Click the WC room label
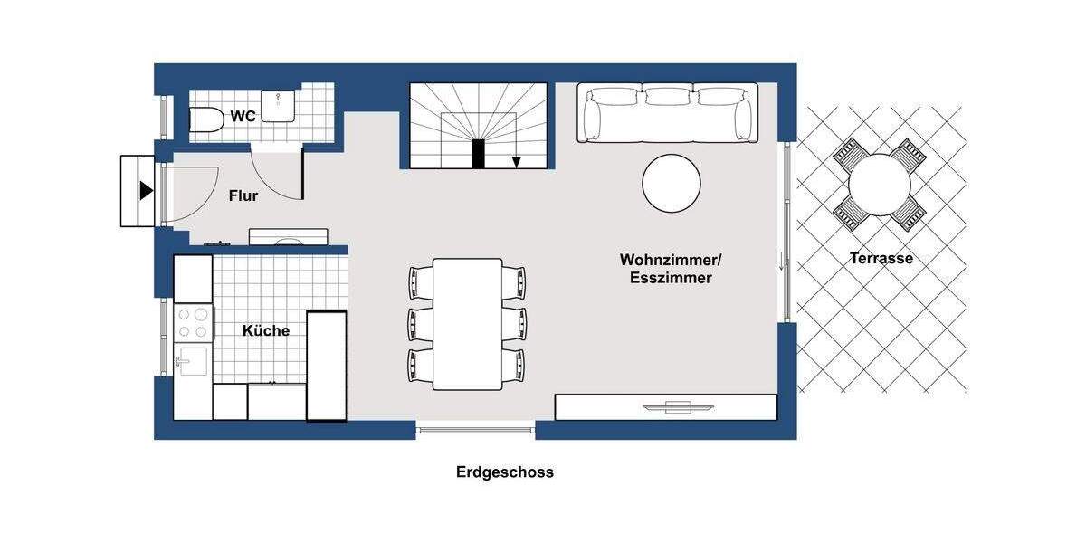tap(243, 116)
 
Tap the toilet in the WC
tap(207, 119)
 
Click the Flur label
tap(243, 195)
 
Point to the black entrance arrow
tap(146, 191)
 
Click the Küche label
tap(266, 331)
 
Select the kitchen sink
tap(192, 362)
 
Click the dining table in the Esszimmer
tap(467, 323)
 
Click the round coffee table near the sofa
tap(672, 183)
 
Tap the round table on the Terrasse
tap(880, 185)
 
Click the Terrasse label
tap(881, 259)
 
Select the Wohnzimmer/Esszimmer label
tap(671, 269)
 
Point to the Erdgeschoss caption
tap(505, 472)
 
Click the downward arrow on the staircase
tap(517, 160)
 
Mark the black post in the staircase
tap(479, 154)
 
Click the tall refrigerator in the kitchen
tap(327, 366)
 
